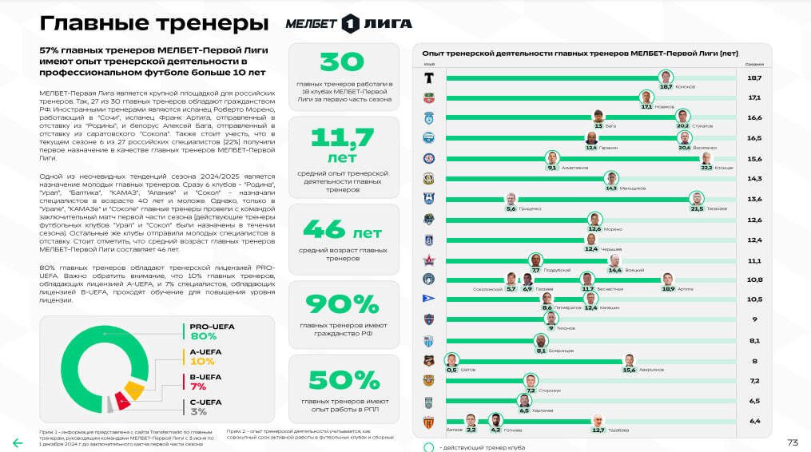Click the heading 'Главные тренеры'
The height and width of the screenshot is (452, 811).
tap(153, 22)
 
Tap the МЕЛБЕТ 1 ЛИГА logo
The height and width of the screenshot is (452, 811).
tap(348, 24)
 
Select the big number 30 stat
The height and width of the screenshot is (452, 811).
tap(343, 61)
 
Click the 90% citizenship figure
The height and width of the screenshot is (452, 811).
tap(343, 304)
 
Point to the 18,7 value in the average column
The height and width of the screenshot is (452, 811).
tap(753, 77)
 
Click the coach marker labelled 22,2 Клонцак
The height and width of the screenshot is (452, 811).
tap(706, 160)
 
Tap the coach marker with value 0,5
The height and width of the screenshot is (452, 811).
tap(452, 361)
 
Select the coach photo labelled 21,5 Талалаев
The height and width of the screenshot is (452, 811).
tap(698, 200)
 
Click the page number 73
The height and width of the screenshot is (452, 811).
tap(792, 442)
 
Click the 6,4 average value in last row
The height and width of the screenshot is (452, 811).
tap(753, 421)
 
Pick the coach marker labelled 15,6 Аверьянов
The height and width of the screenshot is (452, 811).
tap(630, 361)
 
